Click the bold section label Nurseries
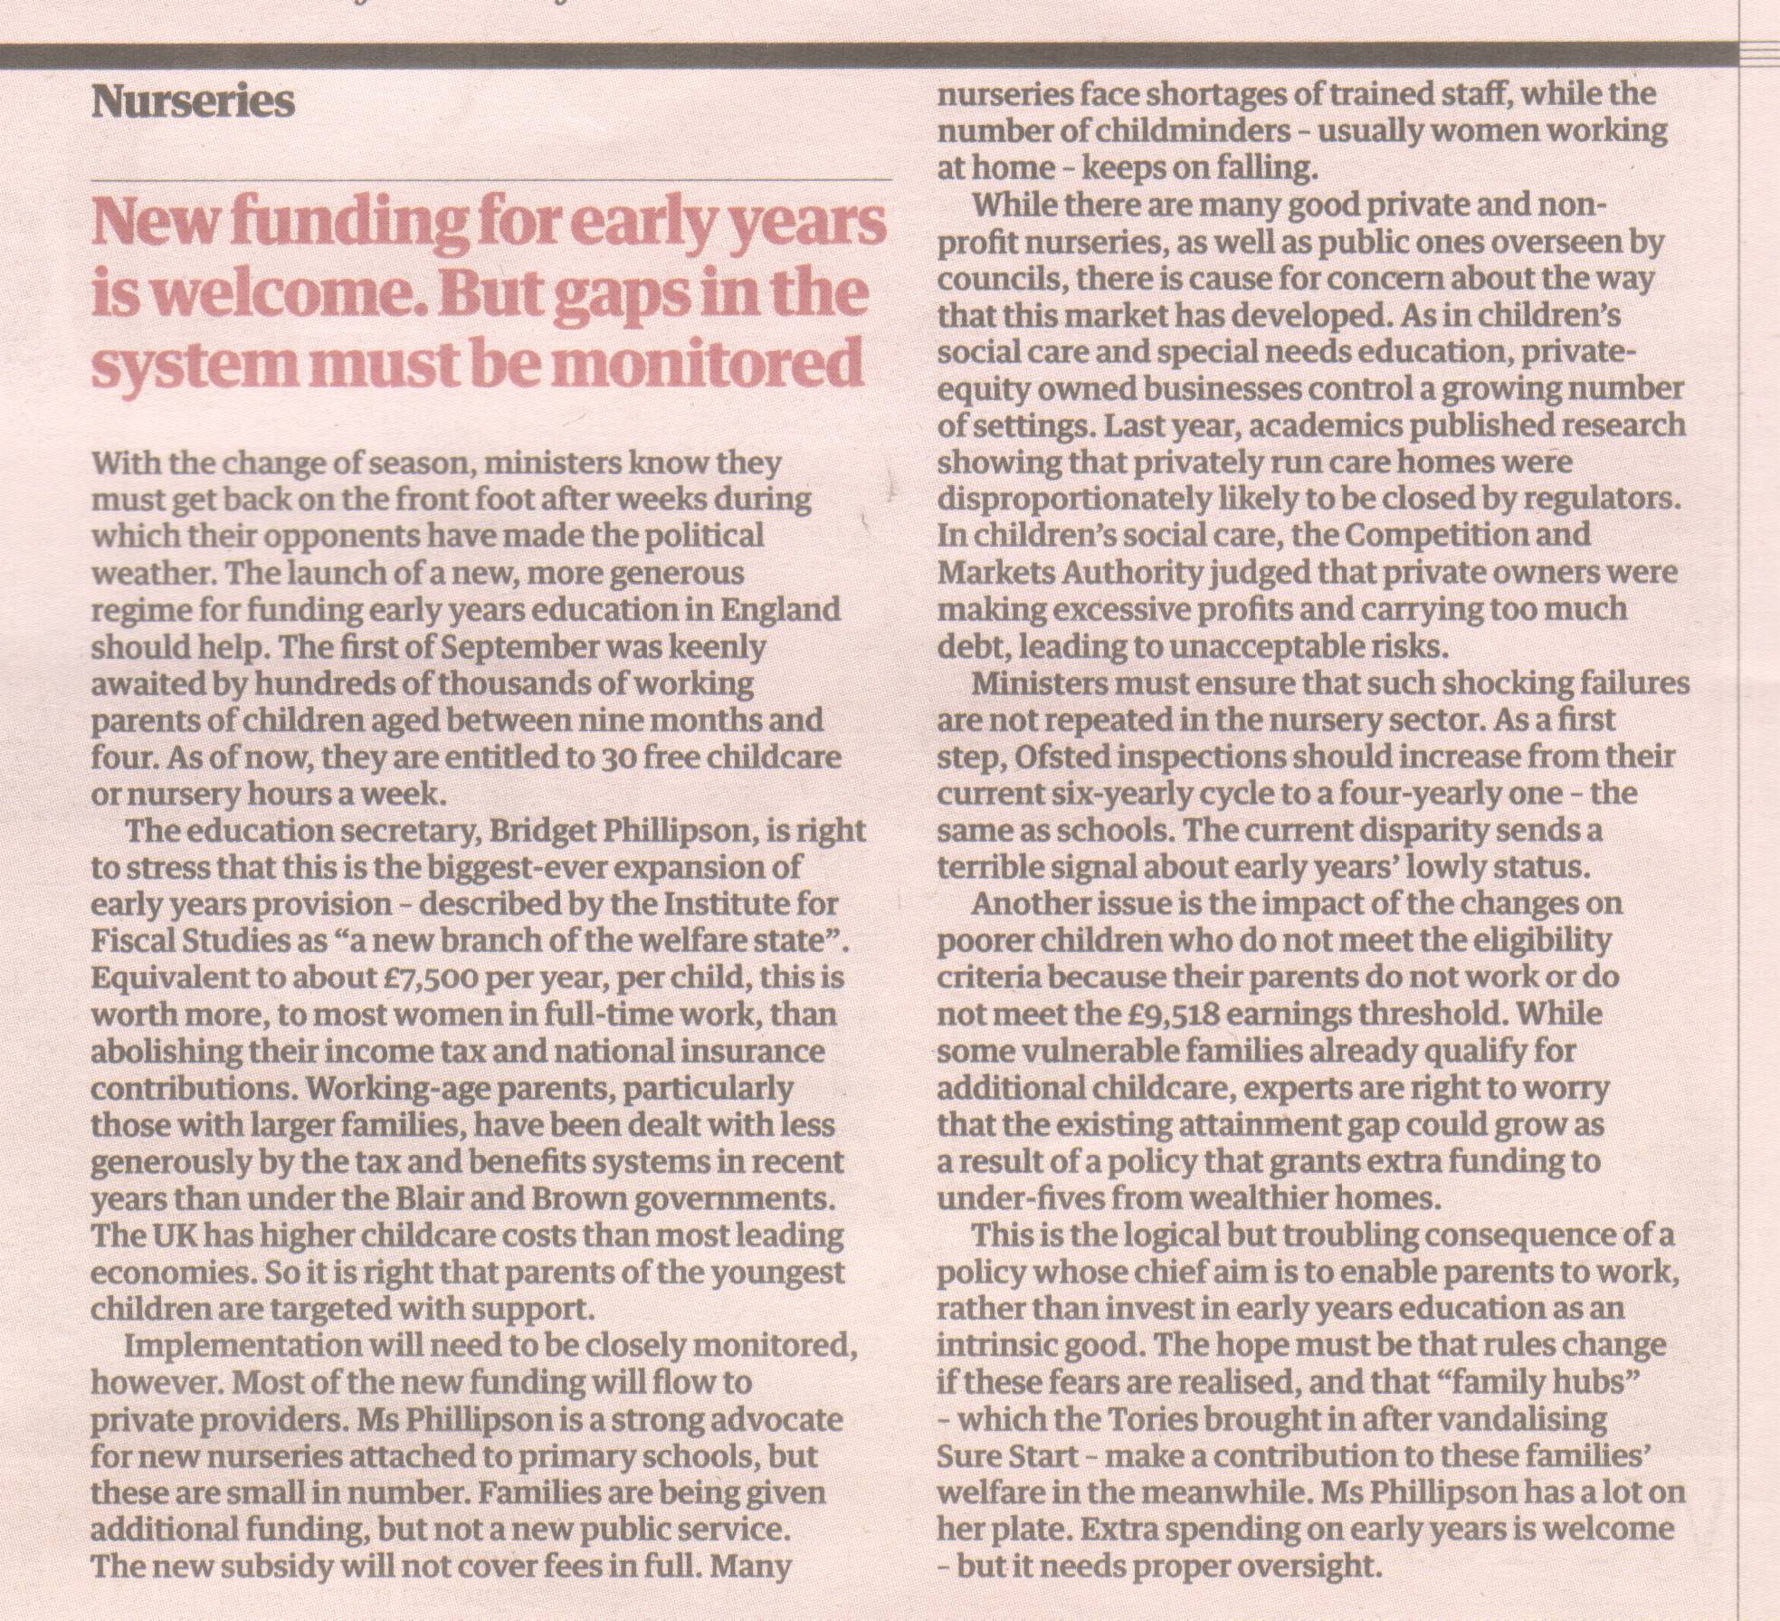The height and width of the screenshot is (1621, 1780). (193, 103)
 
